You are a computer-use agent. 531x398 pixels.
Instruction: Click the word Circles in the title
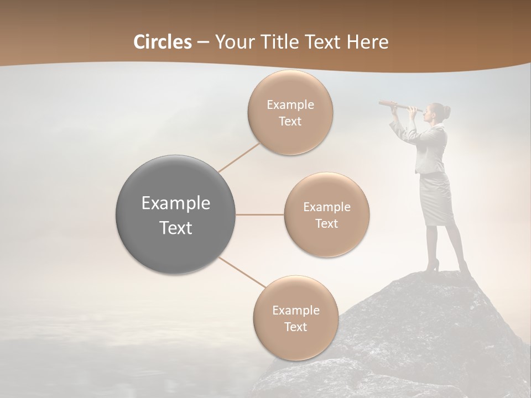[162, 42]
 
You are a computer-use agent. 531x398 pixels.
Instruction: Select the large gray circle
[176, 214]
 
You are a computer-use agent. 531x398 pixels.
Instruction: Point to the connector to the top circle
[239, 157]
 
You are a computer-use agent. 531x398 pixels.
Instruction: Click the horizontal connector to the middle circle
[260, 214]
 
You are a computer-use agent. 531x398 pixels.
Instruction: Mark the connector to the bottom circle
[242, 273]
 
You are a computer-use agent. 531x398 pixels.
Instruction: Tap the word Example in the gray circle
[176, 203]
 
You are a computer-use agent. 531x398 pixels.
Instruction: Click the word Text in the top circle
[290, 122]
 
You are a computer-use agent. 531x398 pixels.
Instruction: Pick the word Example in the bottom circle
[295, 311]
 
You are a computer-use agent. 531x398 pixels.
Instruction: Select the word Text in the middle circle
[326, 224]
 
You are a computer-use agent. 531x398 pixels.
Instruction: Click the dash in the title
[203, 42]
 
